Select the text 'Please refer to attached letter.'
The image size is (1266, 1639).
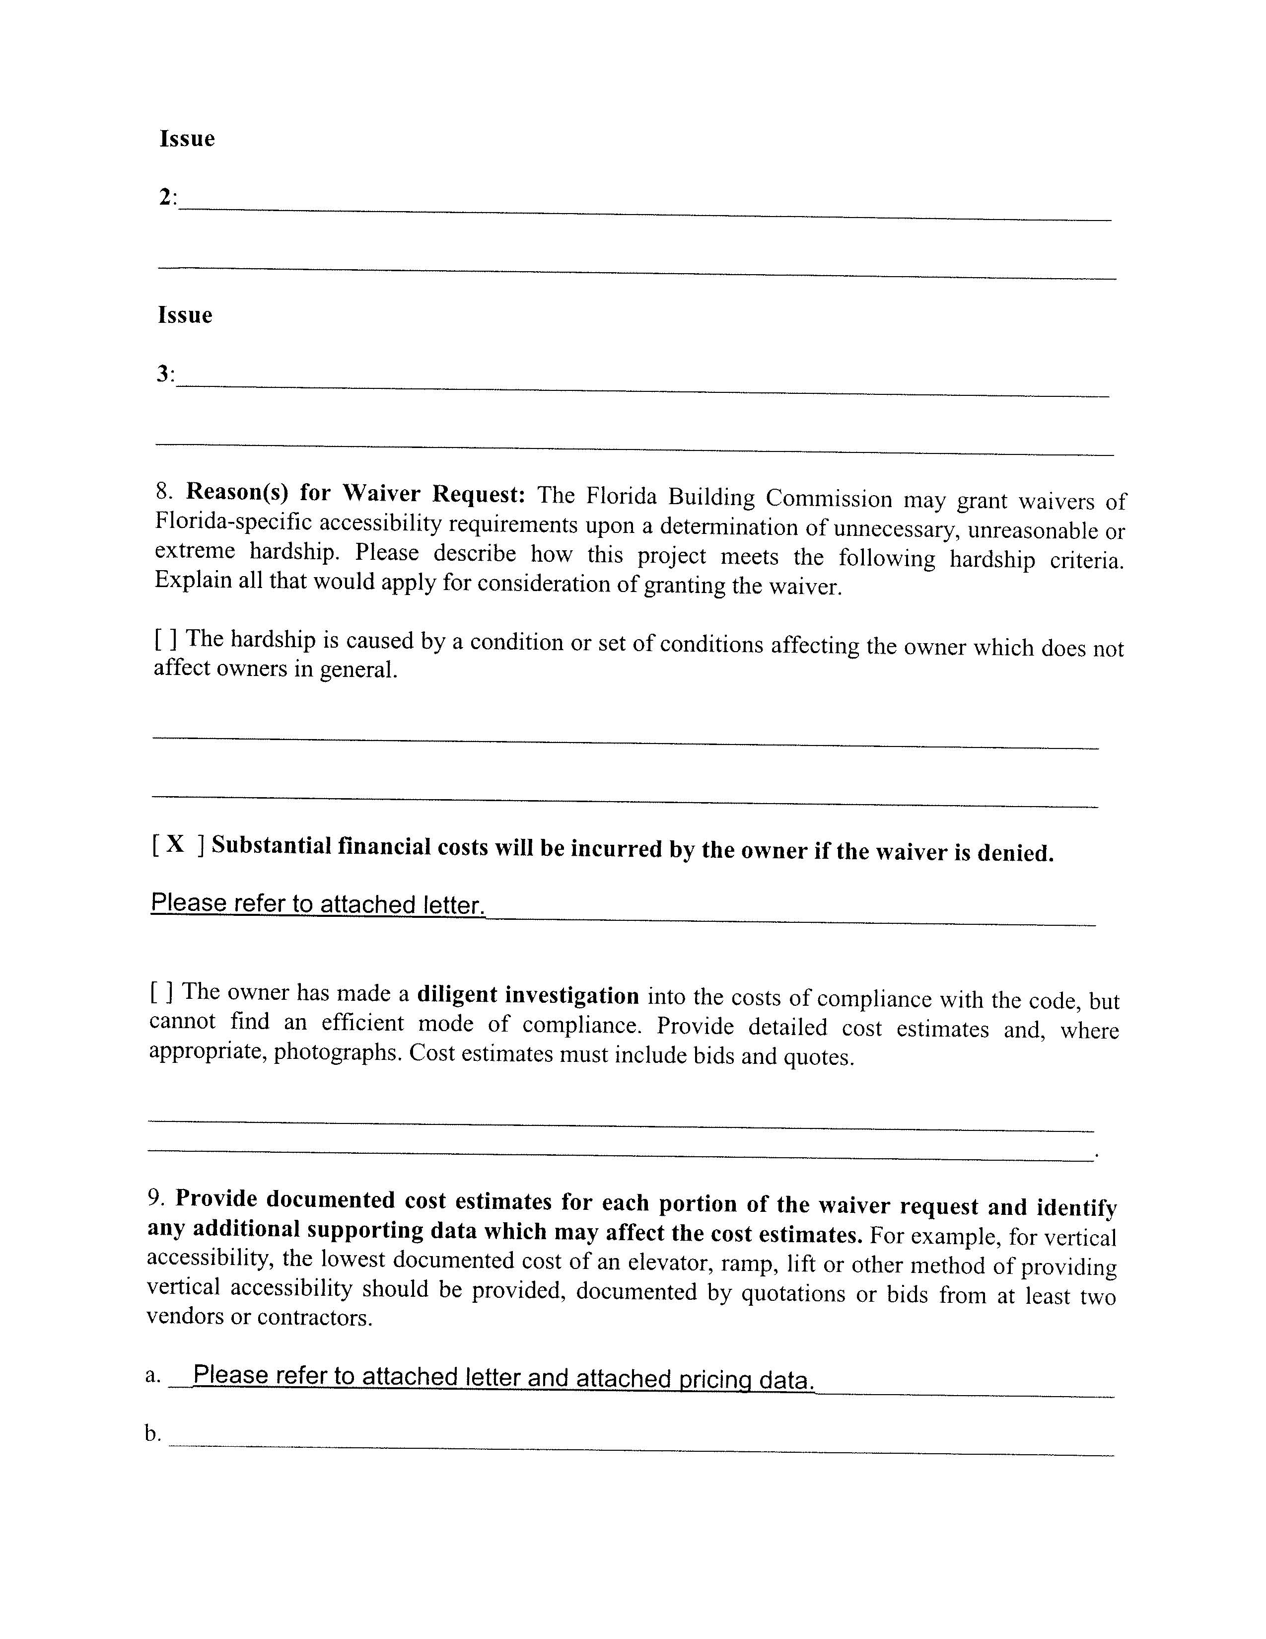(318, 903)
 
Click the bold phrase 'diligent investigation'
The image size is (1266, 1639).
(528, 996)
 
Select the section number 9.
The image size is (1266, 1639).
(156, 1198)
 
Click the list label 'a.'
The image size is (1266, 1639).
(153, 1375)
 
